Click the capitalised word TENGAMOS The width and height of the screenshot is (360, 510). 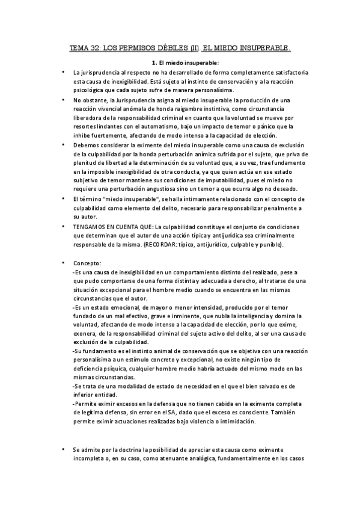tap(93, 226)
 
